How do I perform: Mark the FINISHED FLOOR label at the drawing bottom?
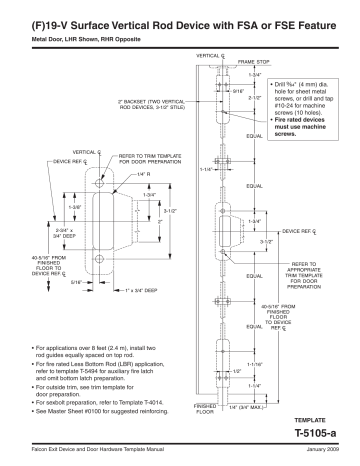pyautogui.click(x=204, y=409)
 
